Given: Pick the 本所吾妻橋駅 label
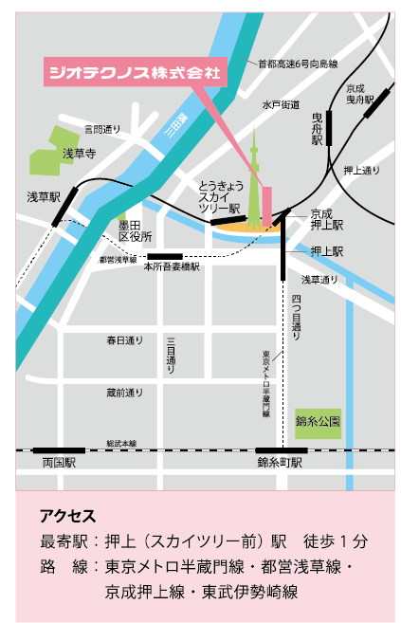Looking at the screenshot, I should [172, 267].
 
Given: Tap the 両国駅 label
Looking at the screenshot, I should [59, 463].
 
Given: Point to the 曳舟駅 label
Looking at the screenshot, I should [318, 128].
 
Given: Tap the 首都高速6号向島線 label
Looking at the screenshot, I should [298, 64].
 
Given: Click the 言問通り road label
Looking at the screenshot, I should [102, 128].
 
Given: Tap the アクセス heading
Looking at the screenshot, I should [67, 517].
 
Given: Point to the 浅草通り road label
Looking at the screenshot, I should [319, 280].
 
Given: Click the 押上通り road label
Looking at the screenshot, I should [361, 171].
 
